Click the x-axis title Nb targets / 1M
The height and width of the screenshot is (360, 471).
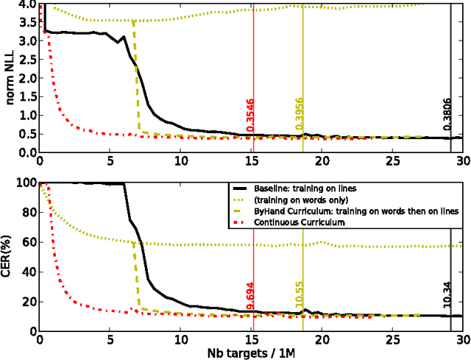tap(251, 352)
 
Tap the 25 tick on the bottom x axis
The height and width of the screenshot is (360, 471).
tap(392, 339)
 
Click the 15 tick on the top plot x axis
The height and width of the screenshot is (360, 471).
tap(251, 161)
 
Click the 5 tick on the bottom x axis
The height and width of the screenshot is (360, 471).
tap(110, 339)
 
